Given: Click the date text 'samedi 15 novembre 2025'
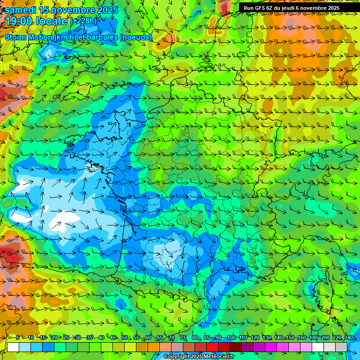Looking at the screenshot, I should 61,10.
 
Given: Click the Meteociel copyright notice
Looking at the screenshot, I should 199,357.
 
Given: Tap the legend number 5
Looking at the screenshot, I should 17,337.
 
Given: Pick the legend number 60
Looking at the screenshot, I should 148,337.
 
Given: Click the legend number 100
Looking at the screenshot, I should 231,337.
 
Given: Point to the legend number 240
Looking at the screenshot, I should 348,337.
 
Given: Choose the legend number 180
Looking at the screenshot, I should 313,337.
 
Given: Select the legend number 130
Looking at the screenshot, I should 266,337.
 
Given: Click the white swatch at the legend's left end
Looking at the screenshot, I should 13,347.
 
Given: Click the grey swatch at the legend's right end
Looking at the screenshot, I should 341,347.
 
